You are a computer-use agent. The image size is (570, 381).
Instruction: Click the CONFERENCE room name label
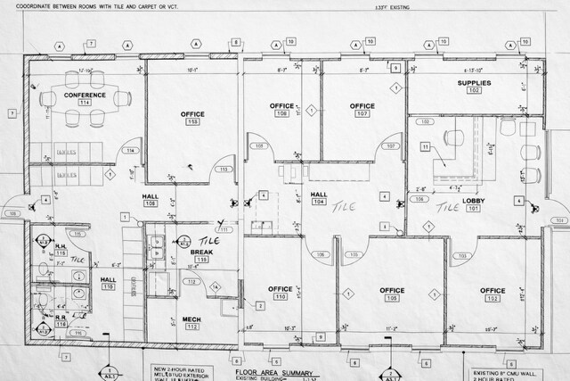[85, 95]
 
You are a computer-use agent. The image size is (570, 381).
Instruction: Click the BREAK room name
[201, 253]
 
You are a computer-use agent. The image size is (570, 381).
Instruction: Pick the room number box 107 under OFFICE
[362, 114]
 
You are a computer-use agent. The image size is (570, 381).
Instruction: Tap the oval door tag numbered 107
[389, 145]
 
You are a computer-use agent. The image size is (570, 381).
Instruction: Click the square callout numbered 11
[426, 145]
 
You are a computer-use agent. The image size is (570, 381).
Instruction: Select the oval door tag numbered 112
[191, 282]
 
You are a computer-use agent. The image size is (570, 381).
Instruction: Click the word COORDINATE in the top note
[25, 5]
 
